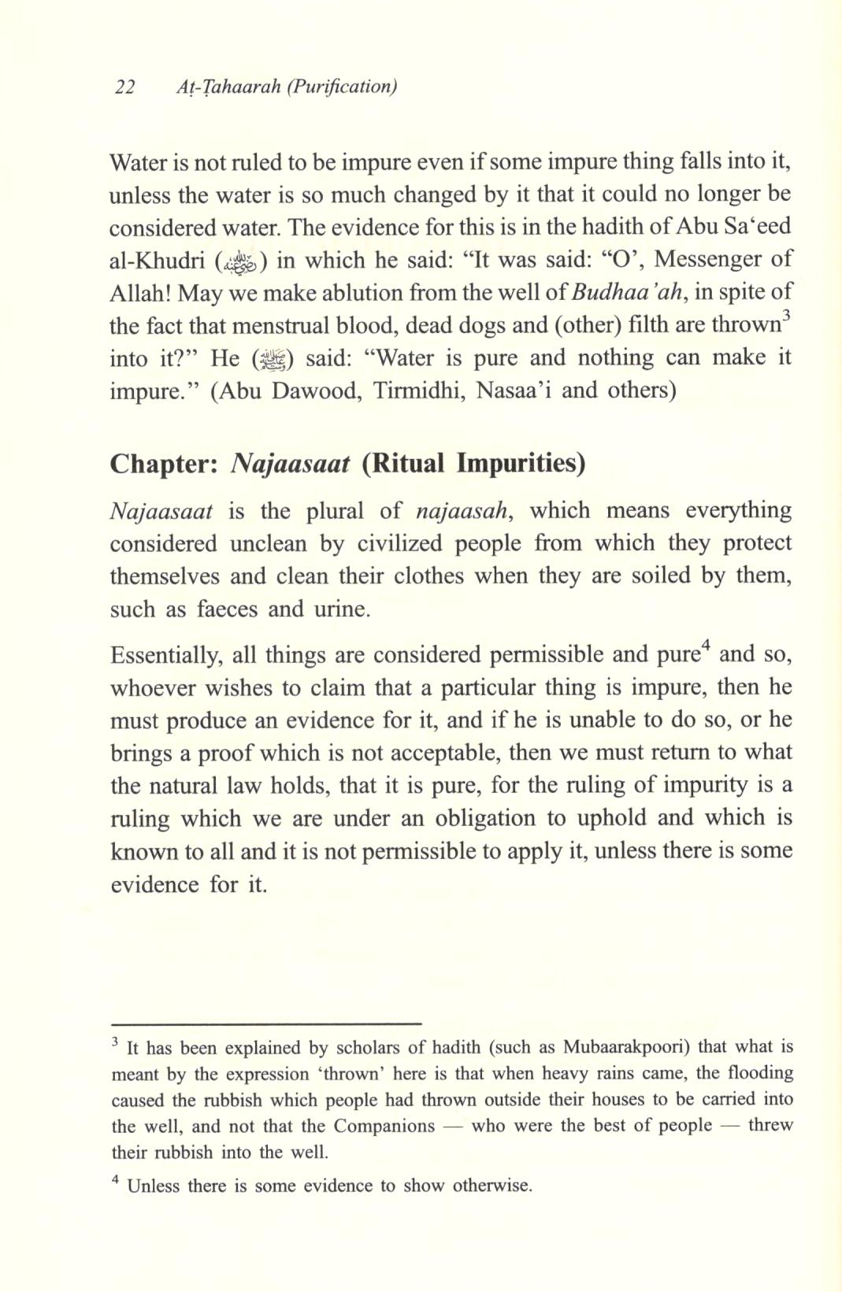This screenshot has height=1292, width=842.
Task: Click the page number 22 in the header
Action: (124, 87)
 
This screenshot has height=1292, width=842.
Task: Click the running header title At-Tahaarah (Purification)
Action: (287, 87)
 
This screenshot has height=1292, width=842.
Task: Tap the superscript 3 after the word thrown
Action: (786, 317)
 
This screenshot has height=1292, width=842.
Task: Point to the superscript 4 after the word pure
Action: (707, 647)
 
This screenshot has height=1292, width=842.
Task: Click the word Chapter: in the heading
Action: (163, 463)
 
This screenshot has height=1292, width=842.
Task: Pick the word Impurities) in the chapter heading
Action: (521, 463)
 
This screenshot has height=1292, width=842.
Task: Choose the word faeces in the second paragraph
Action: (228, 609)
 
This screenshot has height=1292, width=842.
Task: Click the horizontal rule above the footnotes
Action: (266, 1023)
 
